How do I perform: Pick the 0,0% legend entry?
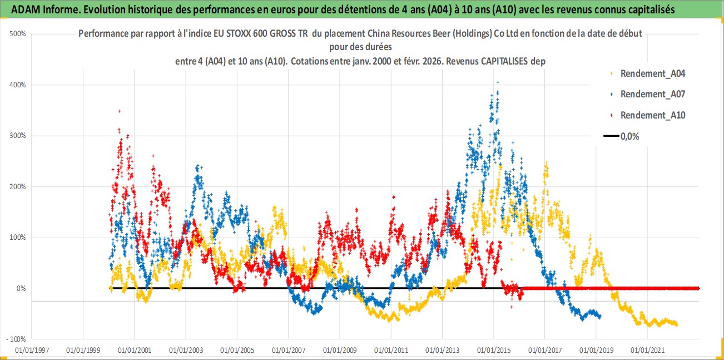pyautogui.click(x=629, y=136)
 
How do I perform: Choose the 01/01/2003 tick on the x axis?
pyautogui.click(x=186, y=351)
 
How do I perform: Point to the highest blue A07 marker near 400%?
pyautogui.click(x=497, y=82)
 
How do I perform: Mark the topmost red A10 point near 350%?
pyautogui.click(x=120, y=111)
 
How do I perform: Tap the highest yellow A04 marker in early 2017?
pyautogui.click(x=547, y=163)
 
